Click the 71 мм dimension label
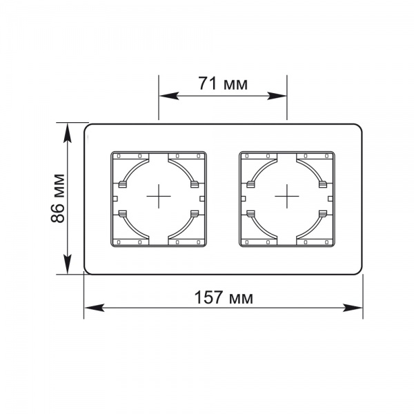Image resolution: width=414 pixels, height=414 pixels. (223, 83)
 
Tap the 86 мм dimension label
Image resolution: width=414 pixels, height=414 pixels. (57, 198)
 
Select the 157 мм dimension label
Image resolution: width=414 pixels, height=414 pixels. (224, 297)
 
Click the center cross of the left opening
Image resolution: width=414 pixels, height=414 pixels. (159, 196)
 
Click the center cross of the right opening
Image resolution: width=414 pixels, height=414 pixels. (287, 196)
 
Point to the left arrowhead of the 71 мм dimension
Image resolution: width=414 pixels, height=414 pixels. (169, 96)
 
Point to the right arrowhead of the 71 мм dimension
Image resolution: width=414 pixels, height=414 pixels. (277, 96)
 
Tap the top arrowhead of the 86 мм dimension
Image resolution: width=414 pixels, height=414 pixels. (68, 132)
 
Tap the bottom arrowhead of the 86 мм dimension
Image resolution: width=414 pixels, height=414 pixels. (68, 264)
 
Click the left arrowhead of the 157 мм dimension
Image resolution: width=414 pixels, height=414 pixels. (95, 308)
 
